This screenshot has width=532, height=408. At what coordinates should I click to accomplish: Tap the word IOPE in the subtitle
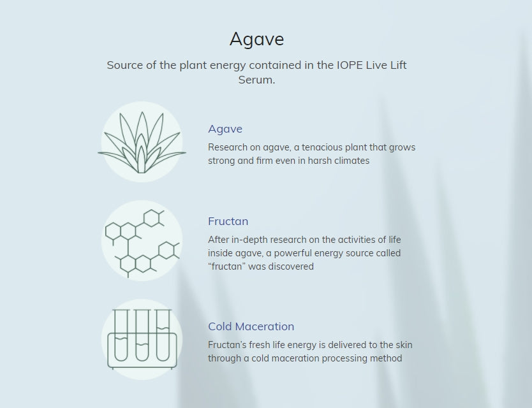coord(350,65)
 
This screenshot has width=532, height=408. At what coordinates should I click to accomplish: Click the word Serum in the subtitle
coord(256,80)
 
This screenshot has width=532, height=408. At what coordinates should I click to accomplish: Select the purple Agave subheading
coord(225,129)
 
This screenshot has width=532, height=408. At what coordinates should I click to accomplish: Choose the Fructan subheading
coord(228,221)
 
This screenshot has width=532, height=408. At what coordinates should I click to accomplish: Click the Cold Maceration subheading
coord(251,326)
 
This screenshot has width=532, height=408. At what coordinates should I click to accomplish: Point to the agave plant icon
coord(142,142)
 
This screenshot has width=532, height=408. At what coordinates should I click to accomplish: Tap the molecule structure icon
coord(142,243)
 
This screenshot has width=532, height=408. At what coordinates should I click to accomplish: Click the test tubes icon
coord(142,339)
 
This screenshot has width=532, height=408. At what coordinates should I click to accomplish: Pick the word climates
coord(352,161)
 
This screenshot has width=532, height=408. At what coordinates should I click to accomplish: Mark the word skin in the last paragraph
coord(404,345)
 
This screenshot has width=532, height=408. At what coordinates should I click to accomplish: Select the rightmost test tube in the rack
coord(163,335)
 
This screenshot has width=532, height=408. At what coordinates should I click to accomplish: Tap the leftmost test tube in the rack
coord(121,335)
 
